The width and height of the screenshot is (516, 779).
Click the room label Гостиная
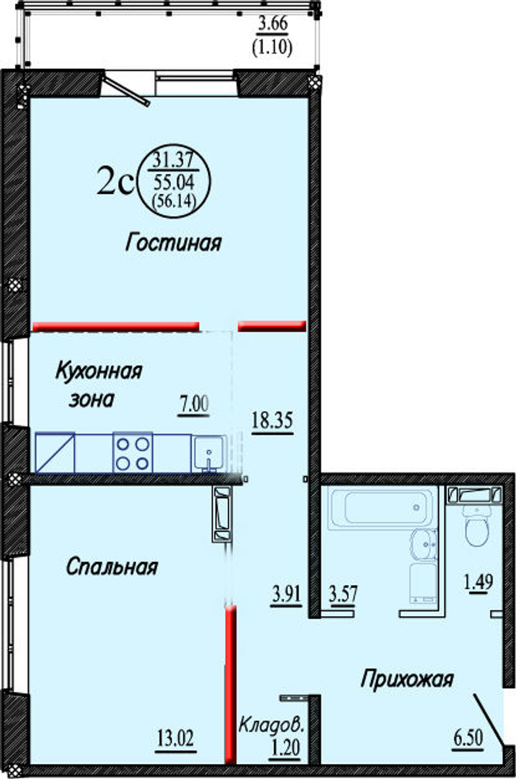click(x=173, y=242)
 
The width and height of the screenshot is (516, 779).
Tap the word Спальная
click(x=112, y=567)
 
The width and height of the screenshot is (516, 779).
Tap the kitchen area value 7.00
click(x=193, y=405)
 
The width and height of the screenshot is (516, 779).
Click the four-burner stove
click(x=133, y=453)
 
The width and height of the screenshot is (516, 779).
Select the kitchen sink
click(x=208, y=454)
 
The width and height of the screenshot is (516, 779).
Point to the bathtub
click(x=382, y=508)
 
